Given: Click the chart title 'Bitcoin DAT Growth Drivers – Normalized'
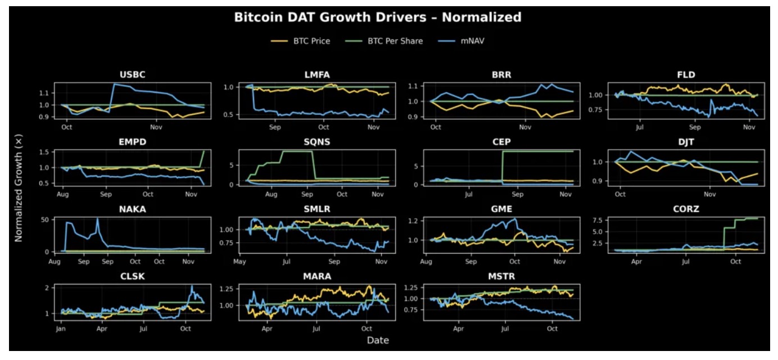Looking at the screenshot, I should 378,17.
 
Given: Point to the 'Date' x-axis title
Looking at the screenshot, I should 378,340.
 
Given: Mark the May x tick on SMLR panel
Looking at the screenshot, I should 240,262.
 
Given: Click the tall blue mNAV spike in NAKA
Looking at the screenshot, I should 98,219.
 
